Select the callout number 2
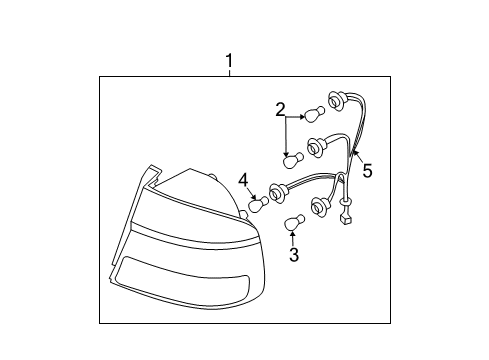point(281,109)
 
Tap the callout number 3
point(294,255)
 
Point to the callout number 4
point(243,180)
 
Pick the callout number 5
point(367,171)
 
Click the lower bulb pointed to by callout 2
point(294,158)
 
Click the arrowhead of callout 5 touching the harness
point(354,152)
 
